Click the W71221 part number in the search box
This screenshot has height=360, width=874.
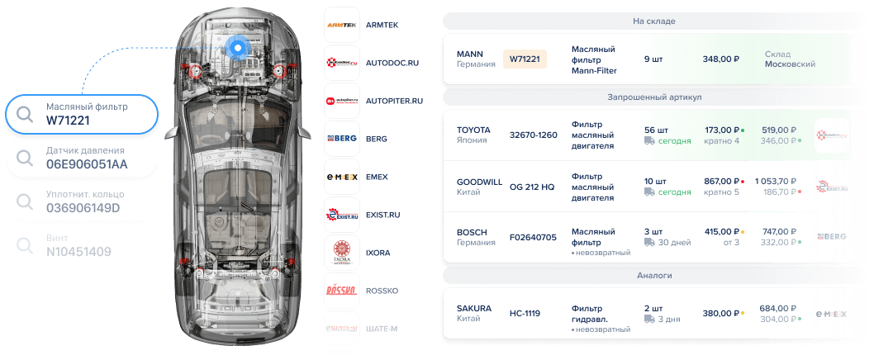tap(69, 121)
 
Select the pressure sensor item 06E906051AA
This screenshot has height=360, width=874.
tap(87, 164)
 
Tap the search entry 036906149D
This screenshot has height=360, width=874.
tap(83, 207)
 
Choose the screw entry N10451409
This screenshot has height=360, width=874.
tap(79, 251)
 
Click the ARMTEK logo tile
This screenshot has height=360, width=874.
tap(342, 25)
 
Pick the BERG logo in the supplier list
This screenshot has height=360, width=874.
tap(342, 139)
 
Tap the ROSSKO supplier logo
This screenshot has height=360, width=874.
tap(342, 291)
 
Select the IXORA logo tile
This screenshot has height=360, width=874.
tap(342, 253)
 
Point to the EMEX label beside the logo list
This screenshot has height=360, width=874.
tap(378, 177)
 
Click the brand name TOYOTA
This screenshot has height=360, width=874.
tap(473, 130)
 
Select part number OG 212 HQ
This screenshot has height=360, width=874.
tap(532, 187)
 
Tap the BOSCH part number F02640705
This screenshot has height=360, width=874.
tap(534, 237)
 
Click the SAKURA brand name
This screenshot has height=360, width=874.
tap(473, 308)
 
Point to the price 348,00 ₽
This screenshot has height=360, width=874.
tap(720, 59)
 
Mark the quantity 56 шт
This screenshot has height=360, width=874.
tap(656, 130)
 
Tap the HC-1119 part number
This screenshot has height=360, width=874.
tap(525, 314)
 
